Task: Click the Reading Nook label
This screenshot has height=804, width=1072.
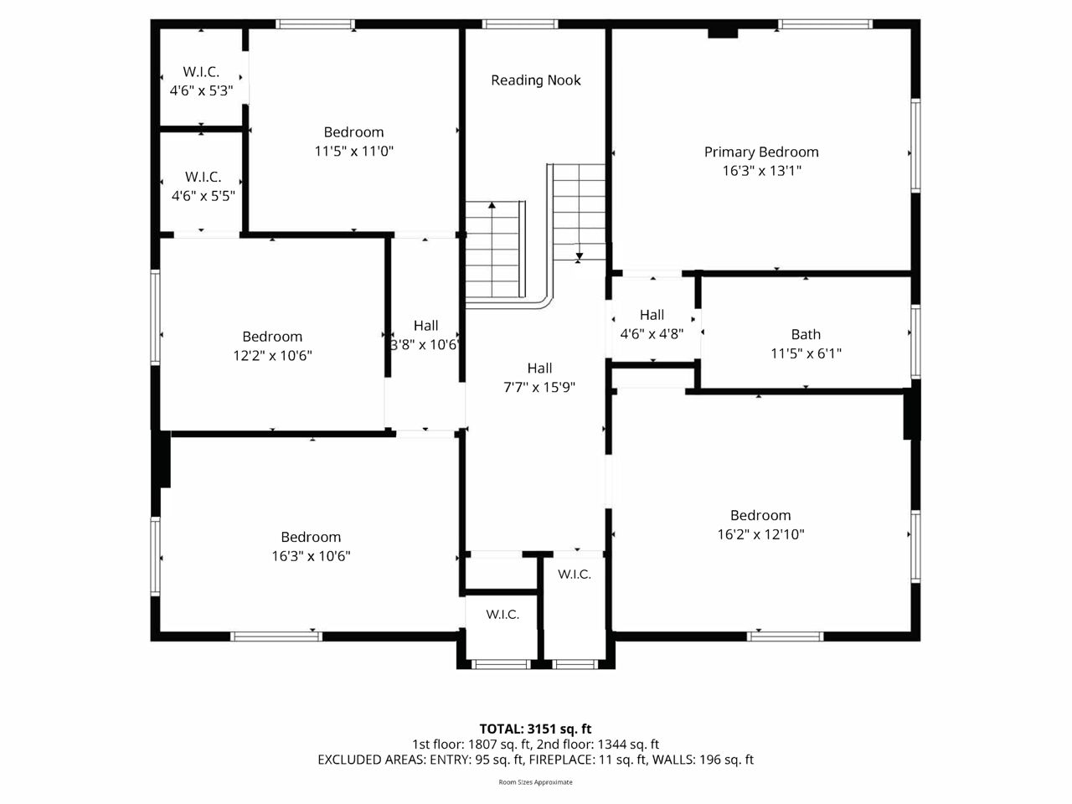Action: click(536, 80)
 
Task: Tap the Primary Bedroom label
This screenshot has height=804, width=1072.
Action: click(761, 152)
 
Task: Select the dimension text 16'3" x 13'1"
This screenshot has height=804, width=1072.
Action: click(762, 171)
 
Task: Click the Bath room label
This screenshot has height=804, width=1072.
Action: click(806, 334)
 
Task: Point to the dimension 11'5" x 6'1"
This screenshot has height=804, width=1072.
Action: click(806, 353)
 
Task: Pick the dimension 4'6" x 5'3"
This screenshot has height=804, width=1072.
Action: click(201, 90)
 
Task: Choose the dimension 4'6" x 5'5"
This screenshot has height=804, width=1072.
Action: click(204, 196)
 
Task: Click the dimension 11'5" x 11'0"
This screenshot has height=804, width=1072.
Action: click(354, 152)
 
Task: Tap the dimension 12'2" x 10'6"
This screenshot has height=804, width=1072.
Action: click(272, 355)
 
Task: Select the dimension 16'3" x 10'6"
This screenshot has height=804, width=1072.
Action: click(311, 556)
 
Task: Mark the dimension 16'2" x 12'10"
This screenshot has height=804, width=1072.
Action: click(761, 534)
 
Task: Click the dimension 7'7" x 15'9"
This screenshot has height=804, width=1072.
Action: click(539, 388)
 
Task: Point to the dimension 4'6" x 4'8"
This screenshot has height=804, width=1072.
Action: click(652, 334)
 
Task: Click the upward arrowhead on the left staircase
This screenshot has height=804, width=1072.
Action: click(492, 205)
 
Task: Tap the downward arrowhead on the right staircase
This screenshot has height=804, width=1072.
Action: click(580, 256)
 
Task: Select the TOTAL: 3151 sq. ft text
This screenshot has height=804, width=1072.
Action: click(535, 729)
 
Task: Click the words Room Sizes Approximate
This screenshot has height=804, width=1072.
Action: click(535, 782)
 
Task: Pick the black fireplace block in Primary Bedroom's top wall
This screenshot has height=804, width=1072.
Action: click(723, 33)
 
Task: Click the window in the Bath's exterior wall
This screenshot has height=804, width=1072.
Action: click(915, 341)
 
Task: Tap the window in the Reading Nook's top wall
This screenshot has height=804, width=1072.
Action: click(520, 24)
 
